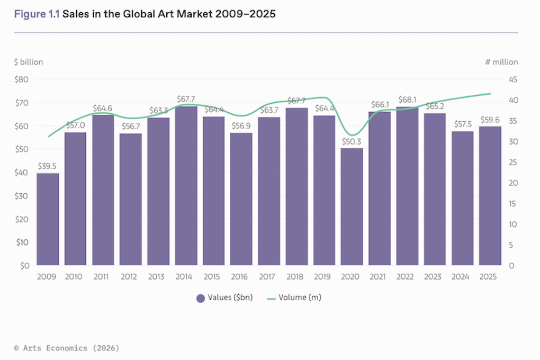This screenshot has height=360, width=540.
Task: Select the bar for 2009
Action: pyautogui.click(x=48, y=219)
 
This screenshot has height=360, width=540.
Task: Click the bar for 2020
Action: pyautogui.click(x=352, y=206)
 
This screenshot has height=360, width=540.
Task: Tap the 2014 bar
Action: pyautogui.click(x=186, y=186)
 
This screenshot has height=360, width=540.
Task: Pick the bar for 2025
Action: pyautogui.click(x=490, y=196)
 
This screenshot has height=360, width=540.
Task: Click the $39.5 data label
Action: pyautogui.click(x=48, y=166)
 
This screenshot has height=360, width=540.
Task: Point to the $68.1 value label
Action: pyautogui.click(x=407, y=99)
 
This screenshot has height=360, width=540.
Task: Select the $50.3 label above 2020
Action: pyautogui.click(x=352, y=141)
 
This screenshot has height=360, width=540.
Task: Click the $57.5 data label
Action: pyautogui.click(x=463, y=124)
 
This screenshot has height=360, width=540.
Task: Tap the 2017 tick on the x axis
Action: pyautogui.click(x=269, y=277)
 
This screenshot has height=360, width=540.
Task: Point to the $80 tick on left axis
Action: pyautogui.click(x=22, y=79)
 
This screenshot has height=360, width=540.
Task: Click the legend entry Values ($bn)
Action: pyautogui.click(x=224, y=298)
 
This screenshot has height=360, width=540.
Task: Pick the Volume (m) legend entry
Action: pyautogui.click(x=294, y=298)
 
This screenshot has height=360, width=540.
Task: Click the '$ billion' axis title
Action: pyautogui.click(x=29, y=62)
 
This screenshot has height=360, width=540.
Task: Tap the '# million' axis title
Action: pyautogui.click(x=501, y=62)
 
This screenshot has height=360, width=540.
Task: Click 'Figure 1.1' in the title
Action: pyautogui.click(x=37, y=14)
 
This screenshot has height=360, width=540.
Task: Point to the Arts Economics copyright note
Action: pyautogui.click(x=66, y=348)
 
